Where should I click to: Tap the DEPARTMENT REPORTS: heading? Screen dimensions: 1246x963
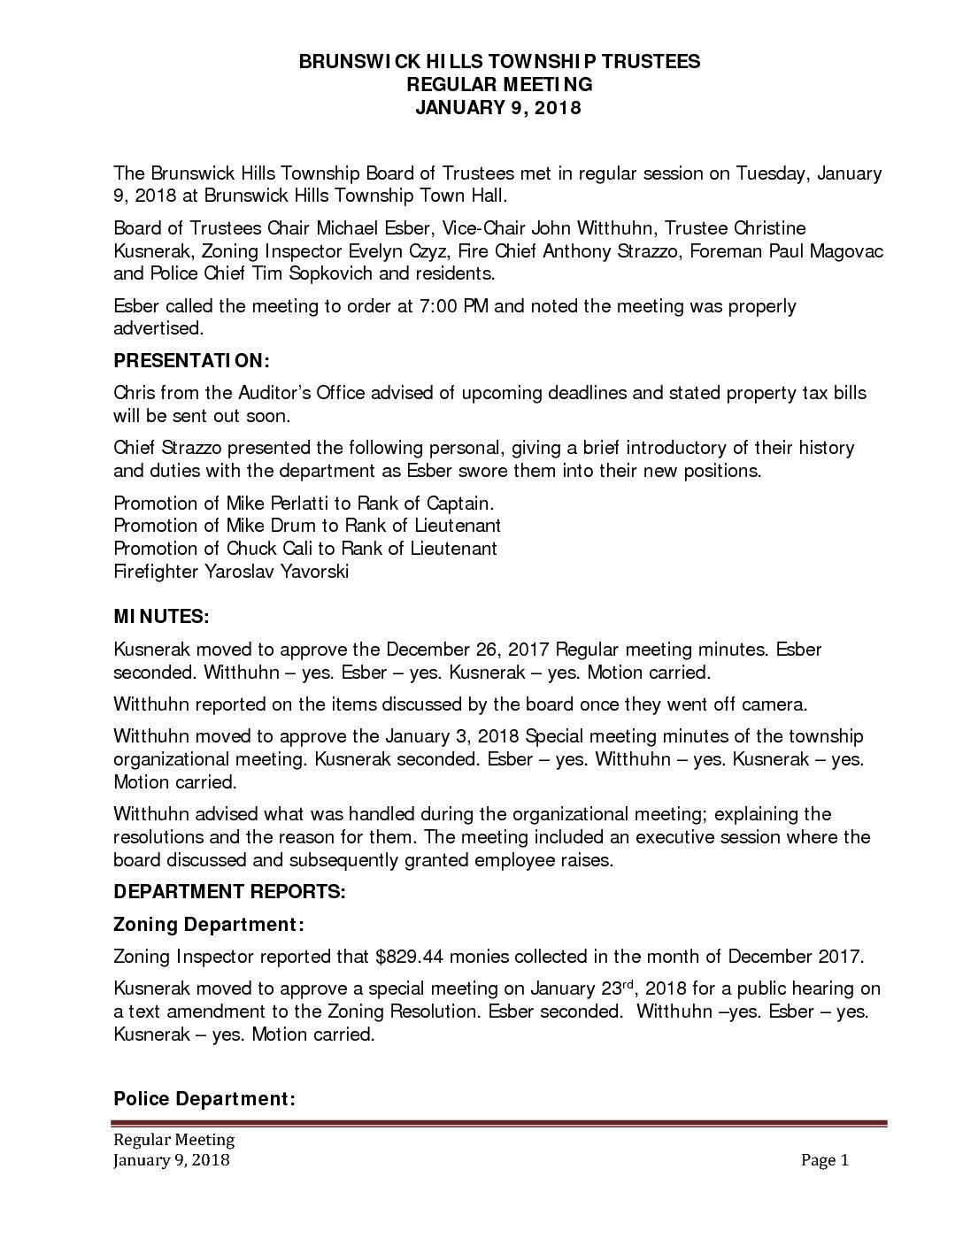point(229,891)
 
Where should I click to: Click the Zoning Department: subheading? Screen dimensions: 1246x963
point(210,924)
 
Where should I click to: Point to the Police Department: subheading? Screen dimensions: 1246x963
point(204,1099)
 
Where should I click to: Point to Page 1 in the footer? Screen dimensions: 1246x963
point(825,1160)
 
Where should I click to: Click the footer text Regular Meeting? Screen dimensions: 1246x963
point(173,1139)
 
